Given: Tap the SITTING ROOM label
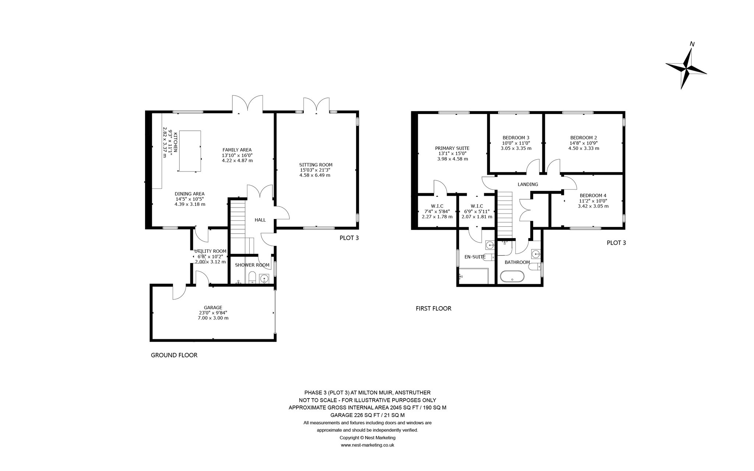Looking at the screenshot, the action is pyautogui.click(x=316, y=164).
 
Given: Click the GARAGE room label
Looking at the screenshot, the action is pyautogui.click(x=213, y=308).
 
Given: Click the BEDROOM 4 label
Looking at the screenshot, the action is pyautogui.click(x=593, y=195).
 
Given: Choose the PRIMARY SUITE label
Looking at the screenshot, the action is pyautogui.click(x=452, y=148).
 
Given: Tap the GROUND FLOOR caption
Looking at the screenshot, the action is pyautogui.click(x=174, y=355).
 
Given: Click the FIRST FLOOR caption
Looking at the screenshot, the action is pyautogui.click(x=433, y=308).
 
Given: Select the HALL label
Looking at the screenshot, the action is pyautogui.click(x=260, y=220).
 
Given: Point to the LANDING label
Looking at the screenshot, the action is pyautogui.click(x=528, y=184).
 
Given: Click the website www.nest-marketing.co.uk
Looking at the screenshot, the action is pyautogui.click(x=367, y=445).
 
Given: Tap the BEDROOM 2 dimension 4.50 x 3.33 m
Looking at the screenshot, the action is pyautogui.click(x=584, y=148).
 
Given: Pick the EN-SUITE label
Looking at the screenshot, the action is pyautogui.click(x=475, y=257).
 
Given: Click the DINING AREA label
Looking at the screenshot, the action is pyautogui.click(x=190, y=194).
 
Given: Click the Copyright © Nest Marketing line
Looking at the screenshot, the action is pyautogui.click(x=367, y=438).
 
